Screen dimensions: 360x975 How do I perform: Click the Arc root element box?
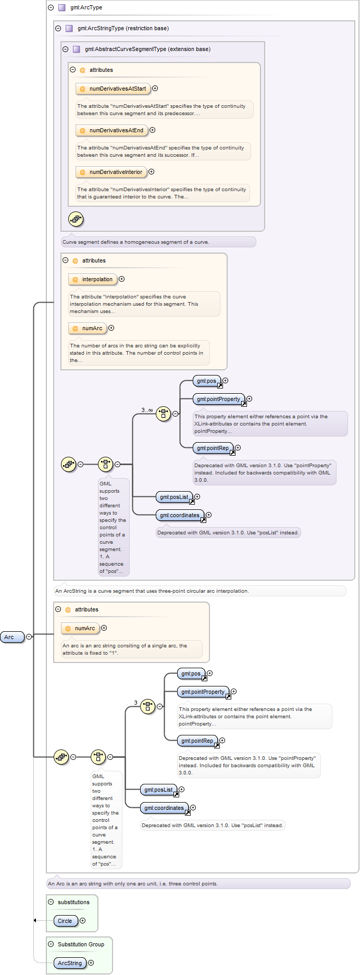13,637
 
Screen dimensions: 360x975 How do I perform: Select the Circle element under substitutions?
66,921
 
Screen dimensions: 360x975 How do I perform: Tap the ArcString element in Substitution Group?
70,963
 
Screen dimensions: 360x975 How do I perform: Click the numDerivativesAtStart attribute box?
113,89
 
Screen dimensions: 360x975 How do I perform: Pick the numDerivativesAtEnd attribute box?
111,130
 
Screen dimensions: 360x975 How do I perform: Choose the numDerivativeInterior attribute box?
111,172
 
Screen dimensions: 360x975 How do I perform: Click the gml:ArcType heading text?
86,8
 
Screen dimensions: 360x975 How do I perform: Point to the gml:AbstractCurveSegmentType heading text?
147,49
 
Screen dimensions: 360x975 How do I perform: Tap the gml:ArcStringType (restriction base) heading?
123,29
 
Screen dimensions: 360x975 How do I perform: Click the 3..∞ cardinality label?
147,410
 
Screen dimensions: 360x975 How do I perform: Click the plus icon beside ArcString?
91,963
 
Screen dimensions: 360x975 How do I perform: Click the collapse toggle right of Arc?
29,637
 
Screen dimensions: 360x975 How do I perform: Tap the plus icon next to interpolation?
122,279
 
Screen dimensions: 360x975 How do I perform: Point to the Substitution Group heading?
81,944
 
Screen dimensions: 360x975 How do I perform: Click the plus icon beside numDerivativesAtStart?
155,89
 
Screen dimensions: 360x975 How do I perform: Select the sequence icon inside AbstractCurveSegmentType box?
76,219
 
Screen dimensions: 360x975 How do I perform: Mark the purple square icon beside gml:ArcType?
62,8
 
